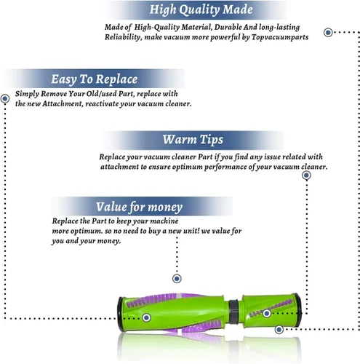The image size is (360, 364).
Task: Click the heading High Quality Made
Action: pyautogui.click(x=201, y=10)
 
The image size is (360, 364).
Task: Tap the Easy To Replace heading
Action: pyautogui.click(x=94, y=79)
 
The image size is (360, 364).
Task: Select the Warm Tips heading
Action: pyautogui.click(x=193, y=140)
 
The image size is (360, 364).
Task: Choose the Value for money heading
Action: pyautogui.click(x=139, y=207)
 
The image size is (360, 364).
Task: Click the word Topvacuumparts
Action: pyautogui.click(x=280, y=37)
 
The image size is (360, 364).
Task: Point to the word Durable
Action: pyautogui.click(x=228, y=27)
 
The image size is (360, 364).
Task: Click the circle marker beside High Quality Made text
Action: pyautogui.click(x=328, y=32)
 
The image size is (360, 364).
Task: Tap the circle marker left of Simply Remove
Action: pyautogui.click(x=5, y=99)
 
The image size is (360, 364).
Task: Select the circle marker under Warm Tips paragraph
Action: pyautogui.click(x=306, y=175)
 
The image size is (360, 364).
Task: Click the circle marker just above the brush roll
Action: pyautogui.click(x=177, y=279)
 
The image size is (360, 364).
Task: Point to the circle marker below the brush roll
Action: pyautogui.click(x=279, y=330)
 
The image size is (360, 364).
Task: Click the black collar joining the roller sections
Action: pyautogui.click(x=233, y=312)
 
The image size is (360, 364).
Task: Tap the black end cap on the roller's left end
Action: pyautogui.click(x=120, y=314)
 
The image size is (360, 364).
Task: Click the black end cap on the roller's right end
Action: pyautogui.click(x=300, y=308)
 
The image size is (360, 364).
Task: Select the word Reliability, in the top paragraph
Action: pyautogui.click(x=123, y=37)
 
